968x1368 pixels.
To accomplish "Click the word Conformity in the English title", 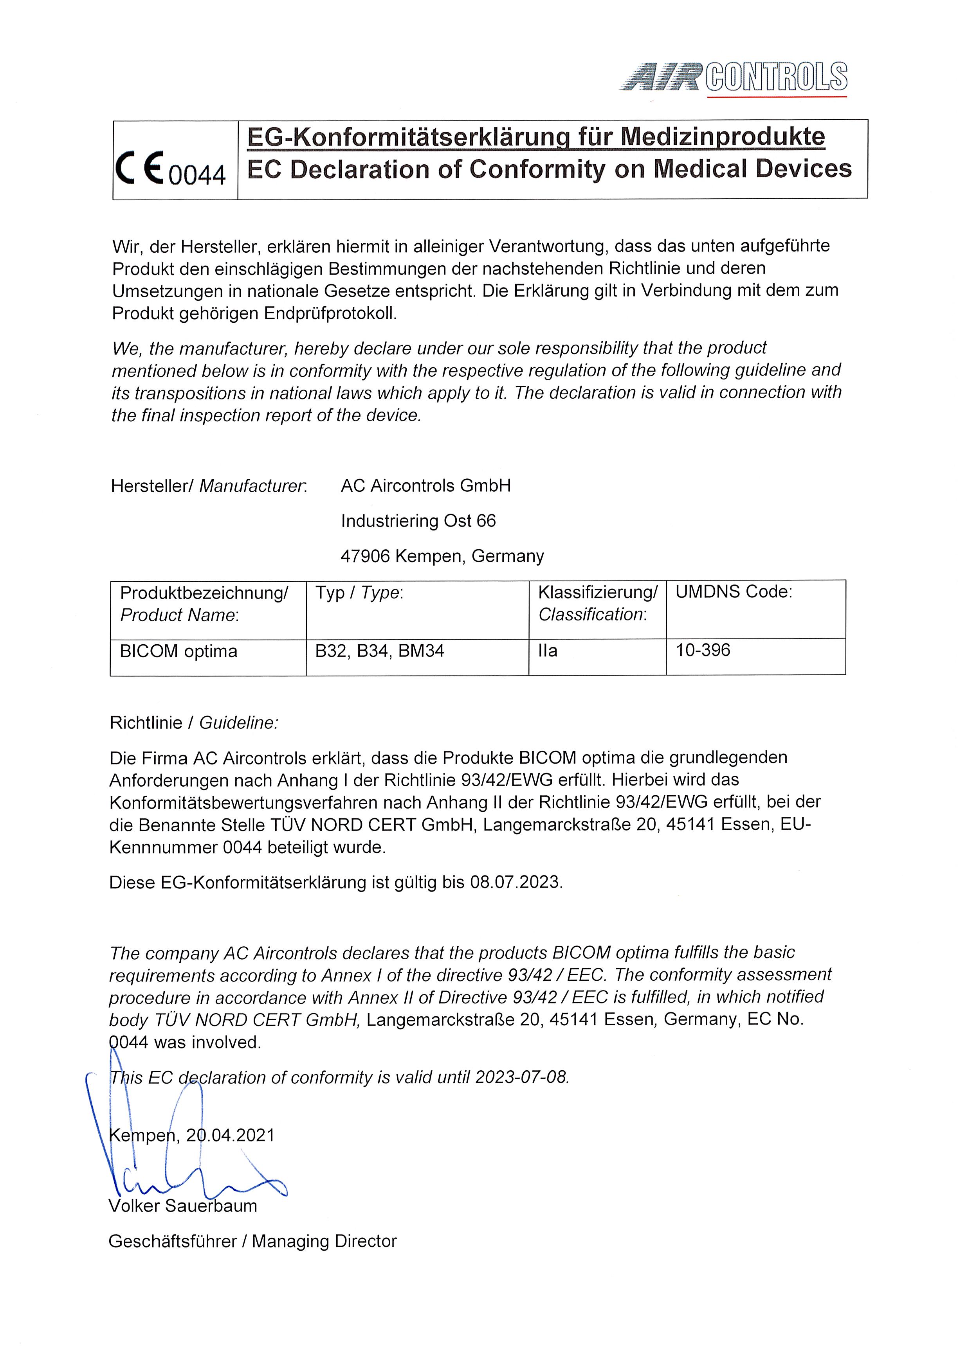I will coord(537,170).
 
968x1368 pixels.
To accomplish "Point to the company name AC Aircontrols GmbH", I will coord(425,486).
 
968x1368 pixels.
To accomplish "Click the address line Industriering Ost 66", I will coord(418,521).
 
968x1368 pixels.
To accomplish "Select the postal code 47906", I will coord(365,557).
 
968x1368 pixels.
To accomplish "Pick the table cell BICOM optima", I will coord(179,651).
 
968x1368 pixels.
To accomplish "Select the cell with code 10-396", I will coord(703,650).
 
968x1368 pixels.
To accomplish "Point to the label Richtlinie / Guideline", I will coord(194,723).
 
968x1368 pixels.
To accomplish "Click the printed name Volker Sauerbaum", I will coord(183,1206).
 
